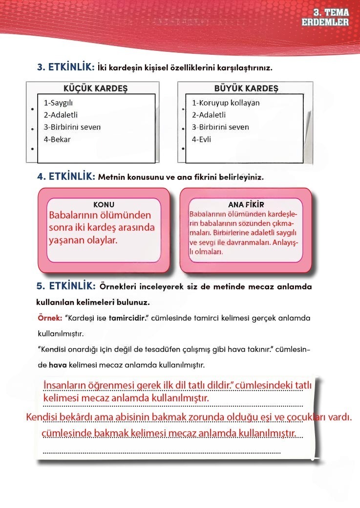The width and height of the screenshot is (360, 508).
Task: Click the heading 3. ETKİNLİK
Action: point(66,67)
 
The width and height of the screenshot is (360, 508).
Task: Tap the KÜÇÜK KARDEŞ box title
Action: point(95,88)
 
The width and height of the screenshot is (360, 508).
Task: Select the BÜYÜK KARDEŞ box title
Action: point(246,88)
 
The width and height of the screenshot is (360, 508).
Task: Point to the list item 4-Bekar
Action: point(57,139)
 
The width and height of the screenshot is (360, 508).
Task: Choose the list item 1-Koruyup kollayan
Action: point(226,103)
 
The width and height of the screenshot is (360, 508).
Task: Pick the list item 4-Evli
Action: point(202,139)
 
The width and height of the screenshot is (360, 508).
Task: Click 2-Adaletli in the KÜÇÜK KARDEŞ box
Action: point(61,115)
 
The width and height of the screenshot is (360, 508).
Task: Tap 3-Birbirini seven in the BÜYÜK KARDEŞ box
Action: point(220,127)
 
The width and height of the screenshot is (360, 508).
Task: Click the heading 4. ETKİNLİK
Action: point(66,177)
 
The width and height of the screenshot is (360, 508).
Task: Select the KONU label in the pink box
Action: point(104,204)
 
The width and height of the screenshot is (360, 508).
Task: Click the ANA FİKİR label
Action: point(246,204)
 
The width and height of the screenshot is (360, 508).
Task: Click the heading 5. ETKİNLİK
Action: point(66,285)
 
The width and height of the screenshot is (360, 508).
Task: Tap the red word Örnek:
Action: point(49,318)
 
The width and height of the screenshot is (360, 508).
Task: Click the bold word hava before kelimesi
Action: point(58,365)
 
